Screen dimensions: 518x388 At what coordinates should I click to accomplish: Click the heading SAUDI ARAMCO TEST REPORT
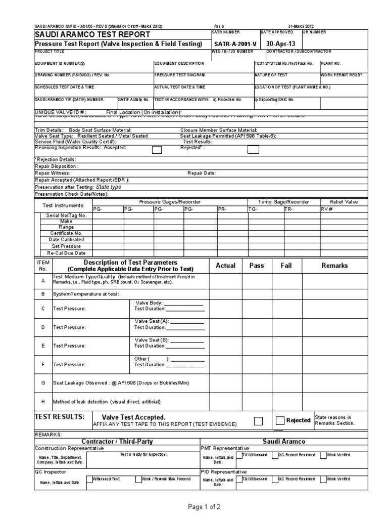(x=92, y=34)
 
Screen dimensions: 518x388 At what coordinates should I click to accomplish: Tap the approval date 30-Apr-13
(x=280, y=44)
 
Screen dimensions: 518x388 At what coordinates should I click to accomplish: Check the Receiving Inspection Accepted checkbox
(x=157, y=149)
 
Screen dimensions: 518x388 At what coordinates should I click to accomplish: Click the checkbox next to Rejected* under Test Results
(x=253, y=149)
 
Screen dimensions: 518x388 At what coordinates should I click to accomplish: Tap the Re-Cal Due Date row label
(x=66, y=252)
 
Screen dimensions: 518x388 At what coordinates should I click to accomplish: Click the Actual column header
(x=226, y=266)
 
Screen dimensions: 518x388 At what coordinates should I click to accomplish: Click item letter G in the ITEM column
(x=42, y=383)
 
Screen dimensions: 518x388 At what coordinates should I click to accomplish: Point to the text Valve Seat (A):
(x=152, y=321)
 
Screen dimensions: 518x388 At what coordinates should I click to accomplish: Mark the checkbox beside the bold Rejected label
(x=280, y=420)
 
